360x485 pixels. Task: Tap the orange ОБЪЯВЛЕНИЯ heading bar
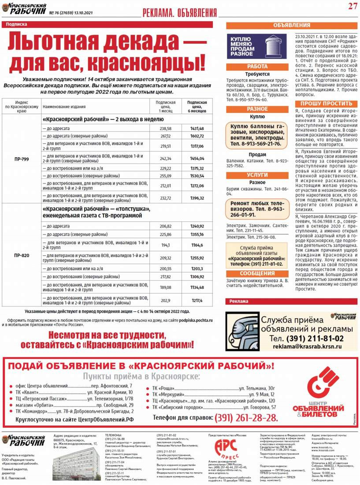pyautogui.click(x=291, y=26)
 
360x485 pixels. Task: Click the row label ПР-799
pyautogui.click(x=22, y=159)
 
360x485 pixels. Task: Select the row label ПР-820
pyautogui.click(x=22, y=255)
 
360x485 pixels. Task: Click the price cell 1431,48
pyautogui.click(x=197, y=128)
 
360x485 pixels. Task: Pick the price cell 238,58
pyautogui.click(x=165, y=128)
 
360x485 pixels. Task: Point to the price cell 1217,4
pyautogui.click(x=197, y=301)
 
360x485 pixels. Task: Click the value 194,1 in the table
pyautogui.click(x=165, y=245)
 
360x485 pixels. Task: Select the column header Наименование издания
pyautogui.click(x=64, y=106)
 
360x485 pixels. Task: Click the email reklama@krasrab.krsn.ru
pyautogui.click(x=301, y=347)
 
